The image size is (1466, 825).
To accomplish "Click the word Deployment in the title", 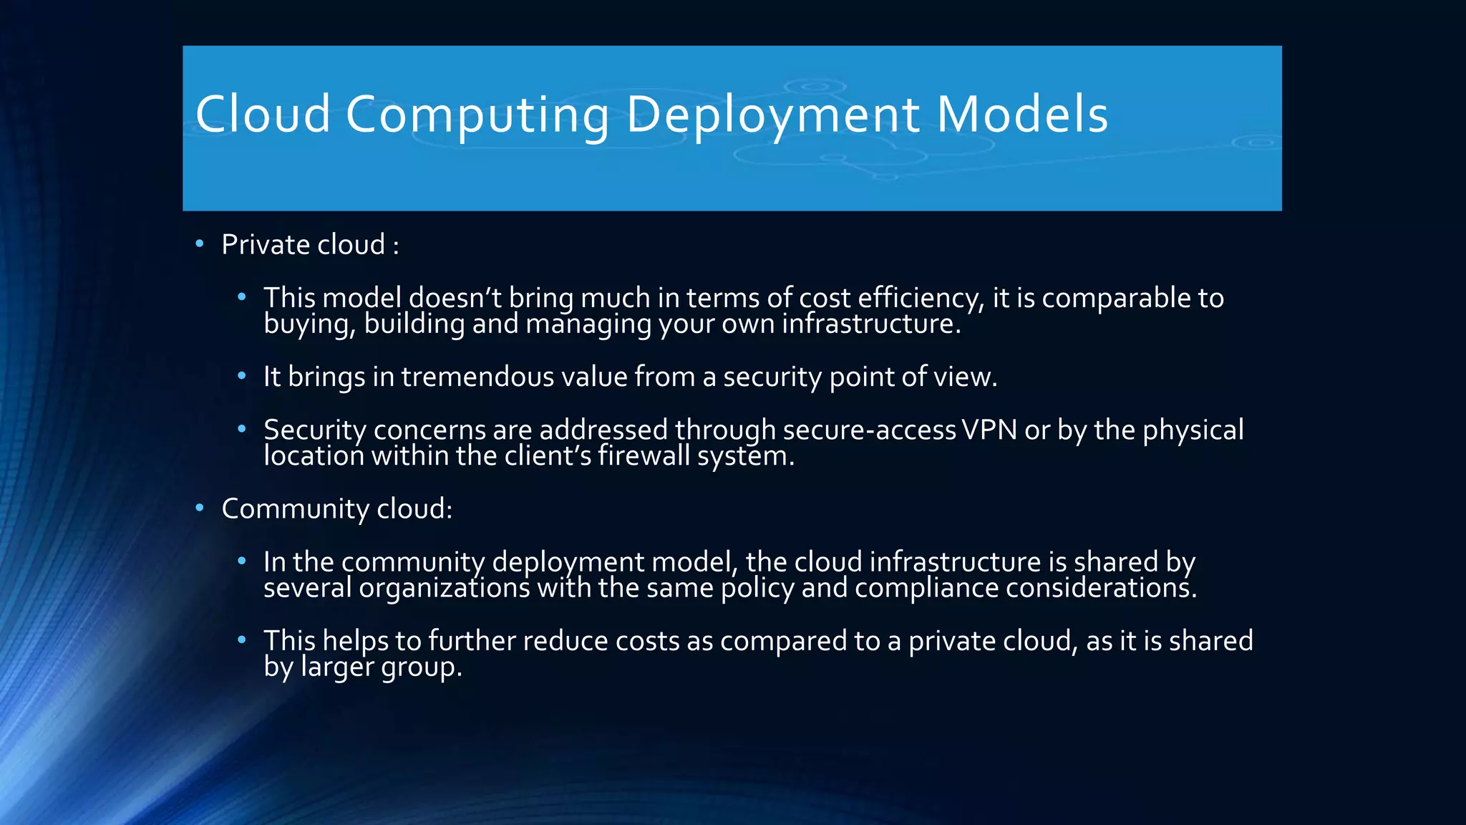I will [772, 115].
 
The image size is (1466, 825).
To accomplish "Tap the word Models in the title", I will [1022, 115].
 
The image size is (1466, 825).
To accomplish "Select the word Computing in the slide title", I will [477, 115].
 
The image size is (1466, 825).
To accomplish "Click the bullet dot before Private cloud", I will [200, 244].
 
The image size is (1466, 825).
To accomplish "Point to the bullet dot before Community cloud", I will [200, 508].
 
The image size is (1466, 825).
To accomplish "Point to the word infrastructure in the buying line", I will [870, 324].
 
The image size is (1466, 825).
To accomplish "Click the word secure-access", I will [869, 430].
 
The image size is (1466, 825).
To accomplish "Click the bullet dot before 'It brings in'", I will [242, 376].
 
